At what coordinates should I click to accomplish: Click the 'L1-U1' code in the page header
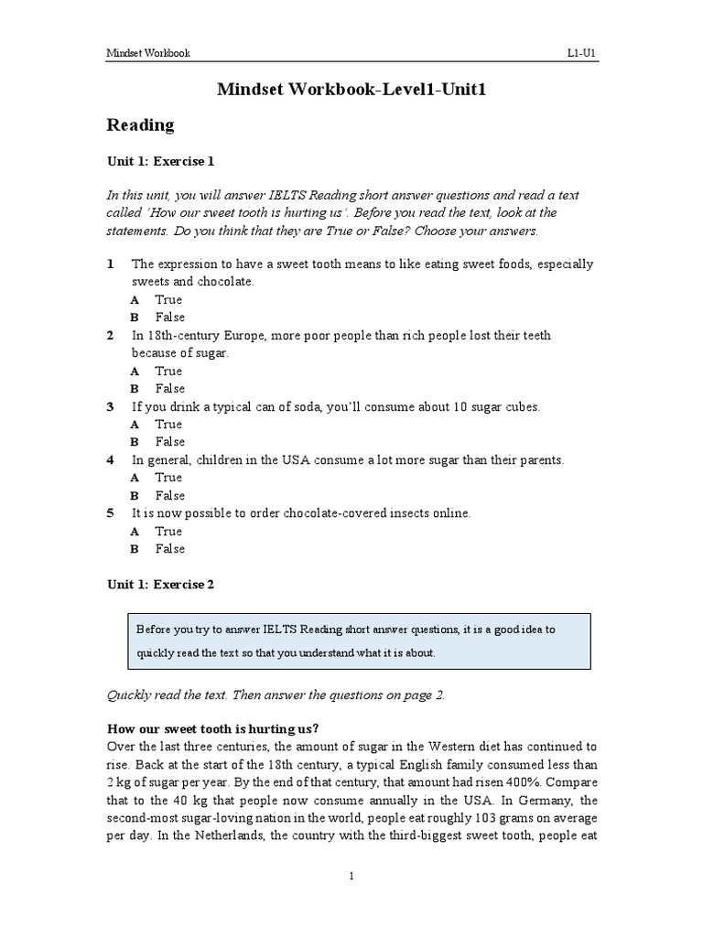[582, 53]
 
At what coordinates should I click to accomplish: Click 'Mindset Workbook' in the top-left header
[148, 53]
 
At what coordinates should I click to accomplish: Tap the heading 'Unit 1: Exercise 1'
[160, 161]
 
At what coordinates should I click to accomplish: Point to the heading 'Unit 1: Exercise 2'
[160, 585]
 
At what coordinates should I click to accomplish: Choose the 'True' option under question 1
[168, 299]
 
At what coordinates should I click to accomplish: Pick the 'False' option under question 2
[169, 388]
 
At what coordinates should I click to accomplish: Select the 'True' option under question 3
[168, 424]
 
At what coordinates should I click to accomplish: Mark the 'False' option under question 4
[169, 495]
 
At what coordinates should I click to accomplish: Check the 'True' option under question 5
[168, 531]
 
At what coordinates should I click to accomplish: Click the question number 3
[111, 406]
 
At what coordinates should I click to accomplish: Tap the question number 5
[111, 513]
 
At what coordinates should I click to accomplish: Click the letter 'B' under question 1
[135, 318]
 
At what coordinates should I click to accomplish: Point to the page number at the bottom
[351, 877]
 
